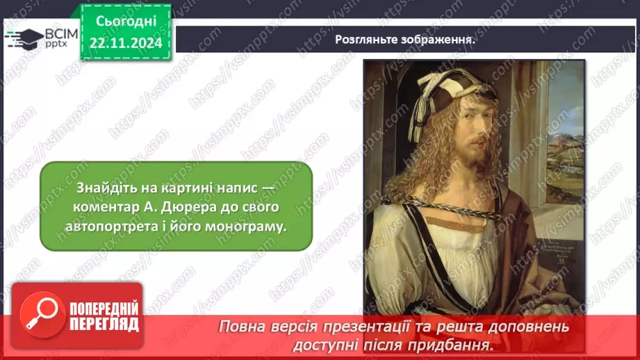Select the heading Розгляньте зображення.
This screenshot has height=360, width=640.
405,39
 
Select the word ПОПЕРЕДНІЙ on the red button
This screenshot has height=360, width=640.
104,309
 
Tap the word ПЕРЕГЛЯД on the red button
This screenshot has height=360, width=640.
104,324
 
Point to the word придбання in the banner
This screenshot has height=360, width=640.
456,344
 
